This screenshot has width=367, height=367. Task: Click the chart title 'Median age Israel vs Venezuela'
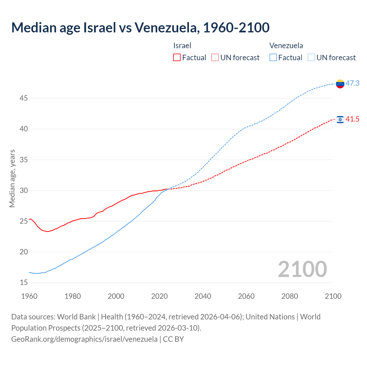140,28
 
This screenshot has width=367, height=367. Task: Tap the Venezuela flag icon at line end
340,84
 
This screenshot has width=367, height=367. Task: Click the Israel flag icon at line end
340,120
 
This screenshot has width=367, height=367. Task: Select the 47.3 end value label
352,83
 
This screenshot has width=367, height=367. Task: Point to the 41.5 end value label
352,119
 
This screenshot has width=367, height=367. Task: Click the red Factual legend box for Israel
177,58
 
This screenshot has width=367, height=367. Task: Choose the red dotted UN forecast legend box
215,58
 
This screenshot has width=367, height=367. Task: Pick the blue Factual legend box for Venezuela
273,58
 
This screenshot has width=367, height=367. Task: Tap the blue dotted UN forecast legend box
311,58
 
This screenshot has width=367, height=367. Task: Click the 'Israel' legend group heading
182,46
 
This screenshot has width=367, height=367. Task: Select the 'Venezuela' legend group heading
286,46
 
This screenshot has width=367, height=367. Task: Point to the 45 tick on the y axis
24,98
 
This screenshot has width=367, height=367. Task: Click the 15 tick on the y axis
24,283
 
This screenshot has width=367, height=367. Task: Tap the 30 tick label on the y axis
24,191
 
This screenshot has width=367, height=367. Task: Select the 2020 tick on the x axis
159,296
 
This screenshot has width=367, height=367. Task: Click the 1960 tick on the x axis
29,296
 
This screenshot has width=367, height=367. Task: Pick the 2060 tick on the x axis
246,296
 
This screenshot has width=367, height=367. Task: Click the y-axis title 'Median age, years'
12,178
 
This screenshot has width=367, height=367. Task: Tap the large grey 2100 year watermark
302,269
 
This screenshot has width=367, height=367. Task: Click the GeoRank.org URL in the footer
84,339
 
